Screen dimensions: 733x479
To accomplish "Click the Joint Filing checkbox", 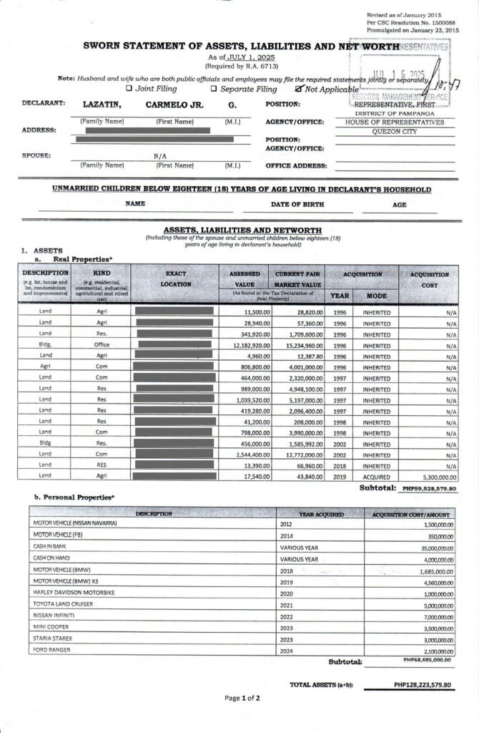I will tap(129, 89).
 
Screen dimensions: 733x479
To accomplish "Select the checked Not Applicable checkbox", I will tap(300, 89).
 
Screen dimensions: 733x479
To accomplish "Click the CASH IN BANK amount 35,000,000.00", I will tap(430, 545).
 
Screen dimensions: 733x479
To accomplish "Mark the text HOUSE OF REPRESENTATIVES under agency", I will tap(400, 122).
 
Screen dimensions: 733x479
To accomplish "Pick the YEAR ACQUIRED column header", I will tap(322, 514).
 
